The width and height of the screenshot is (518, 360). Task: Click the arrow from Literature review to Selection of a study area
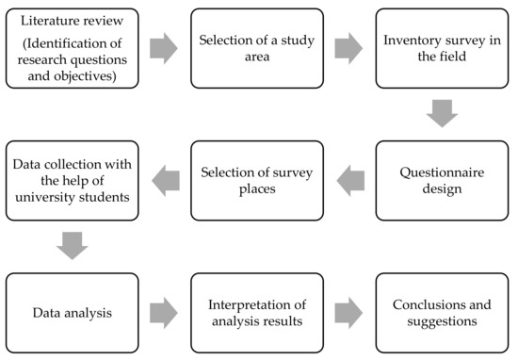click(164, 48)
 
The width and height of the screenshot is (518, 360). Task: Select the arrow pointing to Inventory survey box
click(348, 48)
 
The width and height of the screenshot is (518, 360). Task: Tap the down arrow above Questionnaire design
click(442, 113)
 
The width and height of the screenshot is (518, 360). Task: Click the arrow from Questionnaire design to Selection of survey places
click(350, 181)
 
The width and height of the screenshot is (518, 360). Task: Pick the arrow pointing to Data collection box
click(166, 181)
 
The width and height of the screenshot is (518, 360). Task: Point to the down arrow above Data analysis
click(73, 246)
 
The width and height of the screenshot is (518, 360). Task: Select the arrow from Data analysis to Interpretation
click(164, 313)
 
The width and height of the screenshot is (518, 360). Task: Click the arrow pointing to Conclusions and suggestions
click(348, 313)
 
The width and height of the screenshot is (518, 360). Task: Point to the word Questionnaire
click(442, 172)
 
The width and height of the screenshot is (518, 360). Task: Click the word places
click(257, 189)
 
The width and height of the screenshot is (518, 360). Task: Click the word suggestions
click(442, 321)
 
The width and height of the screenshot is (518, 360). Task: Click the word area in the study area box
click(257, 57)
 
